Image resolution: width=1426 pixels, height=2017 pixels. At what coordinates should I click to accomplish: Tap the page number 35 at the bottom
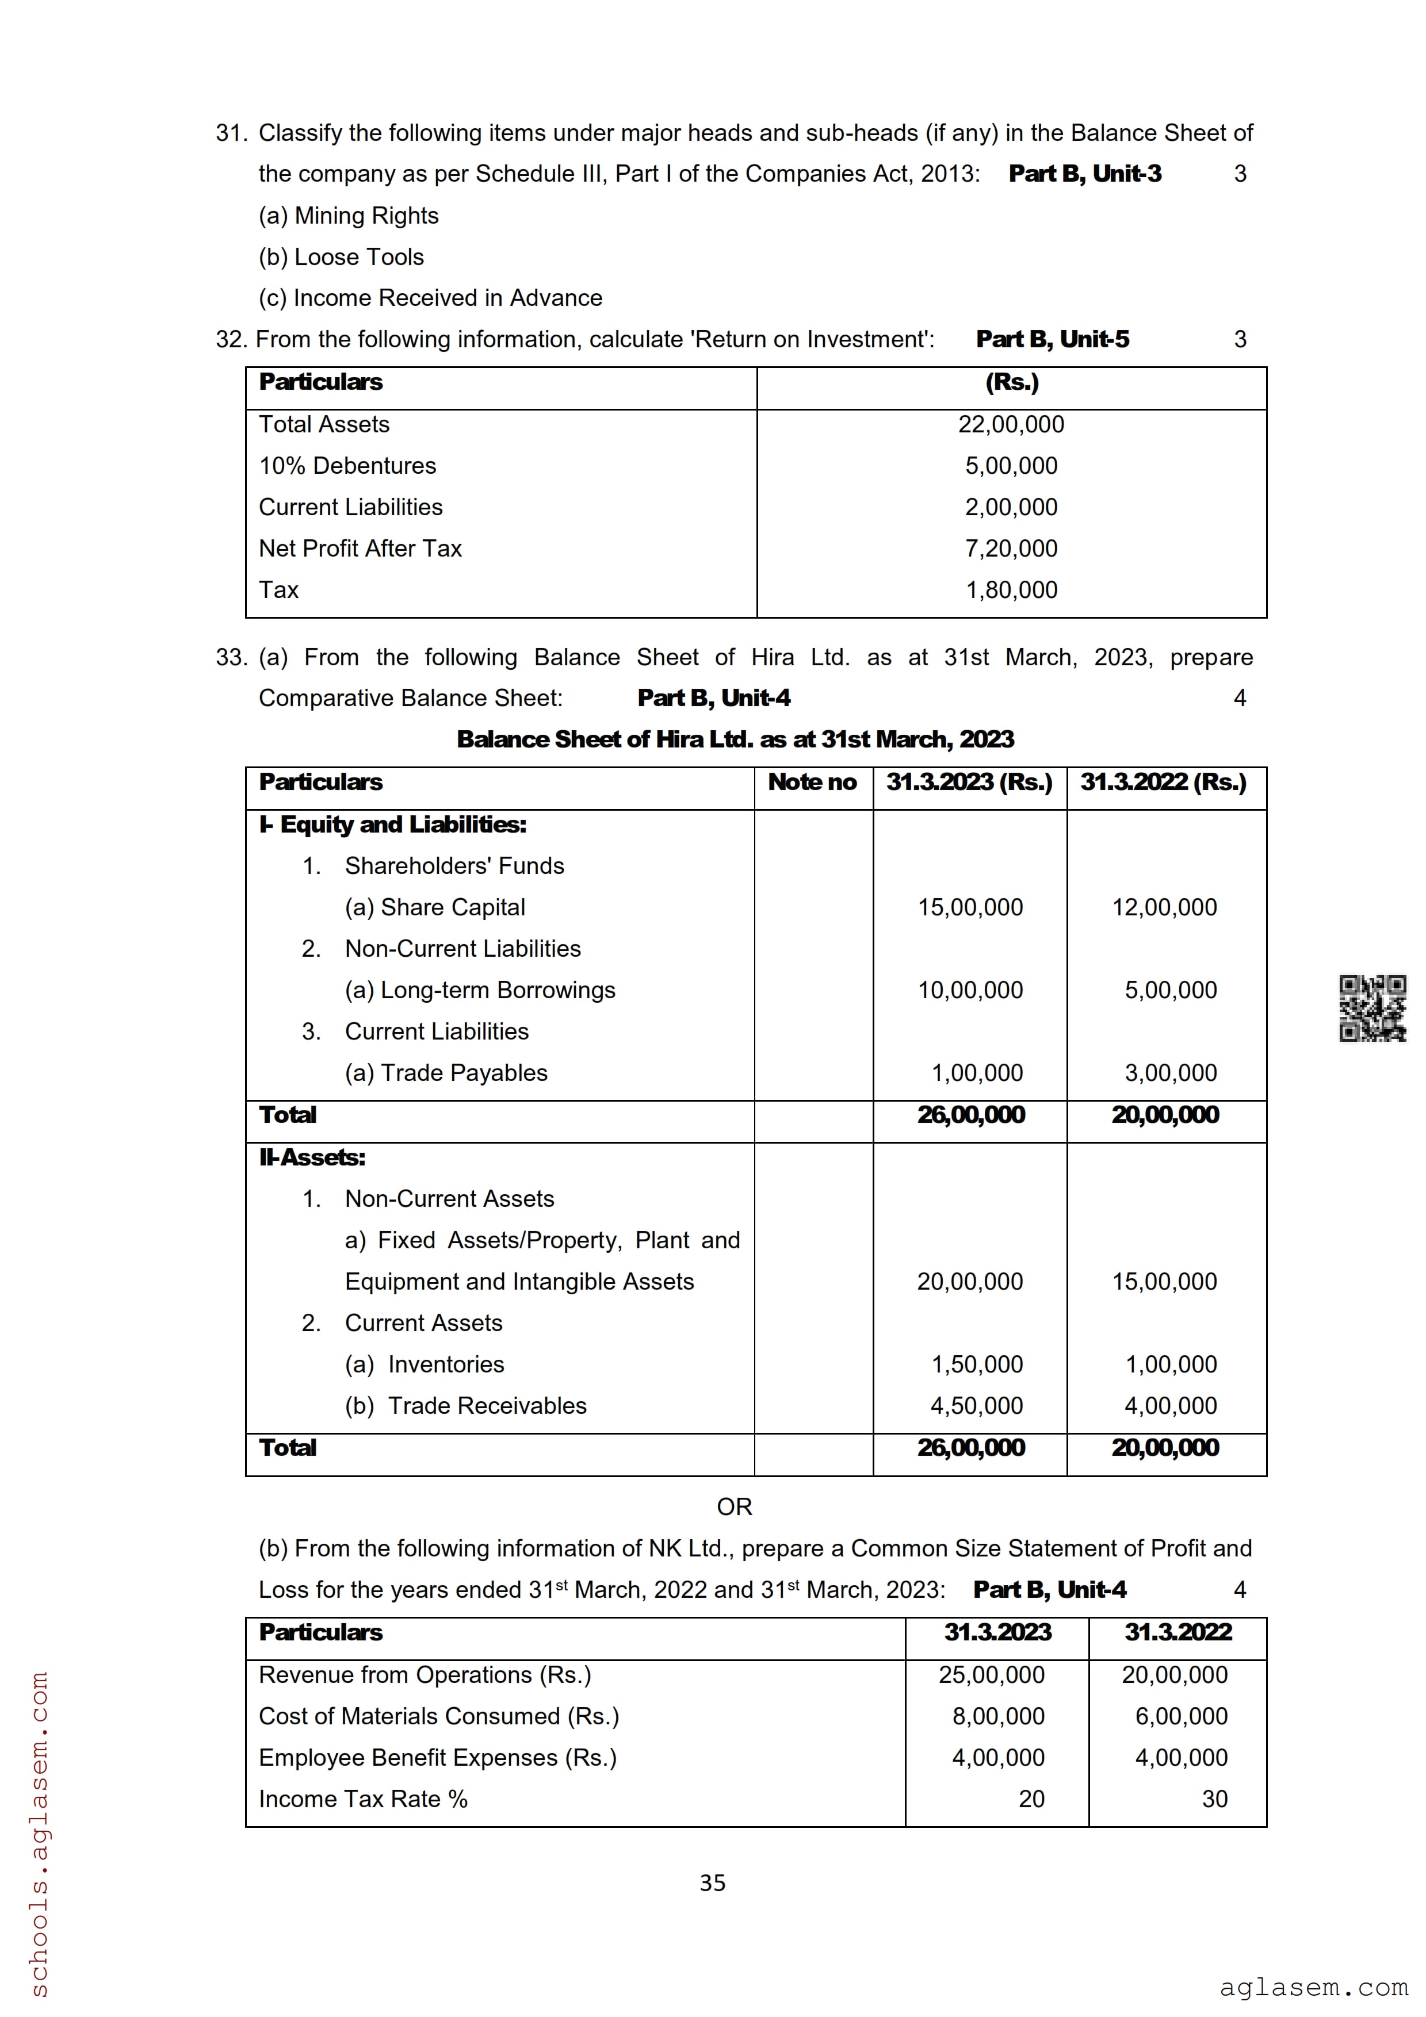pos(713,1882)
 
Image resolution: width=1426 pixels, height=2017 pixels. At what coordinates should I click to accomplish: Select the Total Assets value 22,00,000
pos(1011,424)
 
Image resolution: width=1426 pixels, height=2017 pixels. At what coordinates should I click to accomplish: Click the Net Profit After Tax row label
pos(360,548)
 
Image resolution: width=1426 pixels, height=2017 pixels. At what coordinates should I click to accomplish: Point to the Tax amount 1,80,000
pos(1011,589)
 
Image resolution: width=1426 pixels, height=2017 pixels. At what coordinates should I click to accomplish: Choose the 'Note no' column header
pos(812,782)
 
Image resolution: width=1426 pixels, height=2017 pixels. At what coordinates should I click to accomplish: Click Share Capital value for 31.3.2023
pos(970,907)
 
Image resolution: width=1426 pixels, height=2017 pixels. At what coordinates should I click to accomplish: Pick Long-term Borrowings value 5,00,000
pos(1171,990)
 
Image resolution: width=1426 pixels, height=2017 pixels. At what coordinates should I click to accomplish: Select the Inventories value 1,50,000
pos(977,1364)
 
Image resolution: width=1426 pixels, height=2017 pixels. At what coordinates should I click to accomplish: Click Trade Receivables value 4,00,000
pos(1171,1406)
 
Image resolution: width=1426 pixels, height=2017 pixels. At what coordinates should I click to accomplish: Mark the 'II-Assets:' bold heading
pos(312,1157)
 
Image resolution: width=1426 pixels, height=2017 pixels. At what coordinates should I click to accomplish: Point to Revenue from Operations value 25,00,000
pos(991,1674)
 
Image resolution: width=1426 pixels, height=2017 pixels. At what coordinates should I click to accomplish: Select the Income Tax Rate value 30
pos(1214,1799)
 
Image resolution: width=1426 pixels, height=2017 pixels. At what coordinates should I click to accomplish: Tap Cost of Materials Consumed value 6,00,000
pos(1181,1716)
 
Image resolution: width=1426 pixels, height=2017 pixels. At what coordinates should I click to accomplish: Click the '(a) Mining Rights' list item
pos(349,215)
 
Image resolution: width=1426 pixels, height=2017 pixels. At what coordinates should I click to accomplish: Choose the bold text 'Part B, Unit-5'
pos(1053,339)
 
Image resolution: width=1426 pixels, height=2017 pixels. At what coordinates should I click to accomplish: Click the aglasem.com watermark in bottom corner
pos(1313,1987)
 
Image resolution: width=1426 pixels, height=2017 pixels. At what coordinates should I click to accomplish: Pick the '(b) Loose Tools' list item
pos(341,256)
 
